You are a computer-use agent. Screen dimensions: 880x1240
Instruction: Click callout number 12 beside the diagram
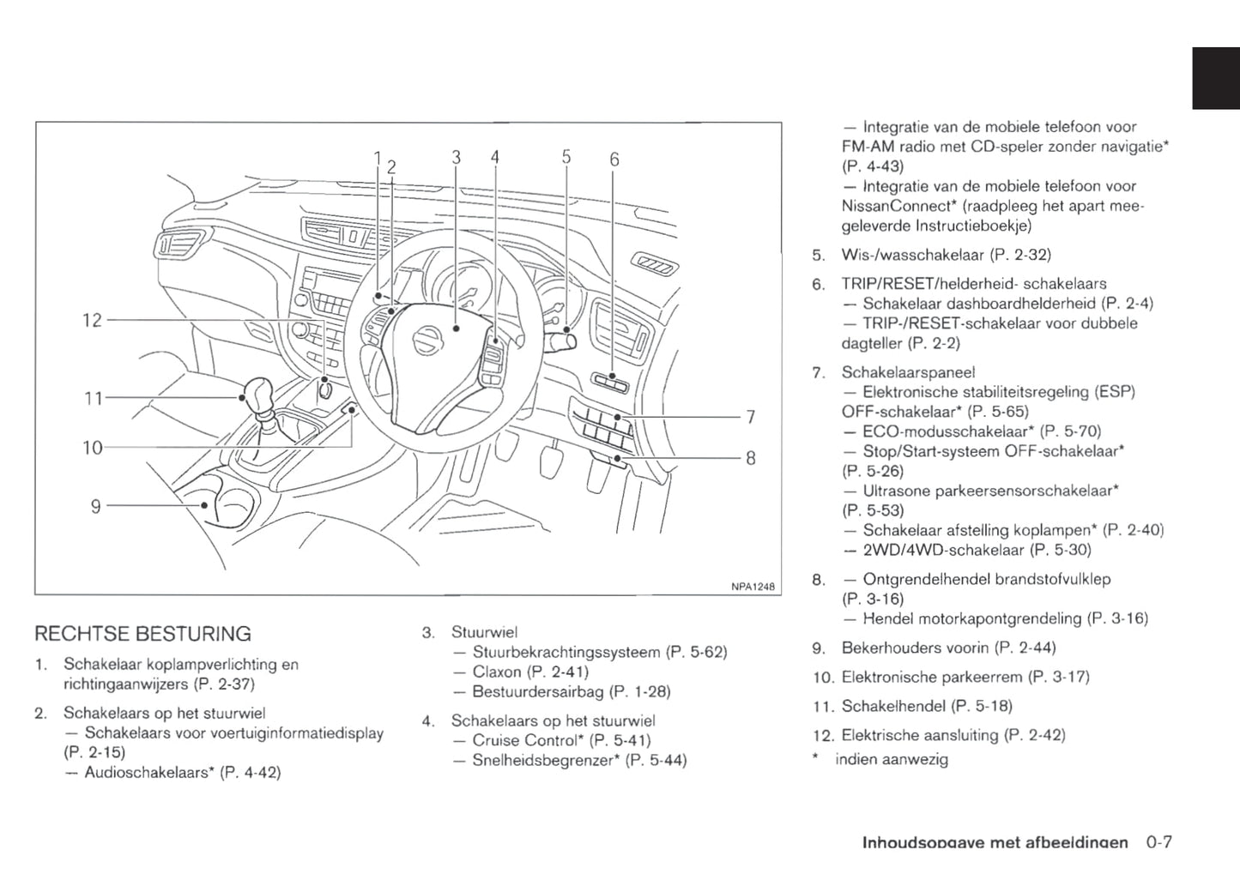point(92,321)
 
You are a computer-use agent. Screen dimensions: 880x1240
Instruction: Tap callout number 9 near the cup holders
point(96,507)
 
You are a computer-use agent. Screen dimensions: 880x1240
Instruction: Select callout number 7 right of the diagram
point(751,418)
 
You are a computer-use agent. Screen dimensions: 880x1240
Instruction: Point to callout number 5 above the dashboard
point(566,157)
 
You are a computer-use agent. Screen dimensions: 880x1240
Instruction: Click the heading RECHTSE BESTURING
point(142,635)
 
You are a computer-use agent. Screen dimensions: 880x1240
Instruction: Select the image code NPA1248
point(753,587)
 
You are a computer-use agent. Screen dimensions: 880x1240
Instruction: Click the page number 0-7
point(1158,842)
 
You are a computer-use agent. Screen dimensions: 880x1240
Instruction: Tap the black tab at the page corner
point(1215,78)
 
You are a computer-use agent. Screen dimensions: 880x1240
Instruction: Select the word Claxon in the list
point(497,672)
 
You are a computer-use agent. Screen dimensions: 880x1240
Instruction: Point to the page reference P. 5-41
point(620,740)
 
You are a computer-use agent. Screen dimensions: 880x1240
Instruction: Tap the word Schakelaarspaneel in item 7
point(908,372)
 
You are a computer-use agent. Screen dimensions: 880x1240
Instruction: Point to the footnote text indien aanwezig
point(892,759)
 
